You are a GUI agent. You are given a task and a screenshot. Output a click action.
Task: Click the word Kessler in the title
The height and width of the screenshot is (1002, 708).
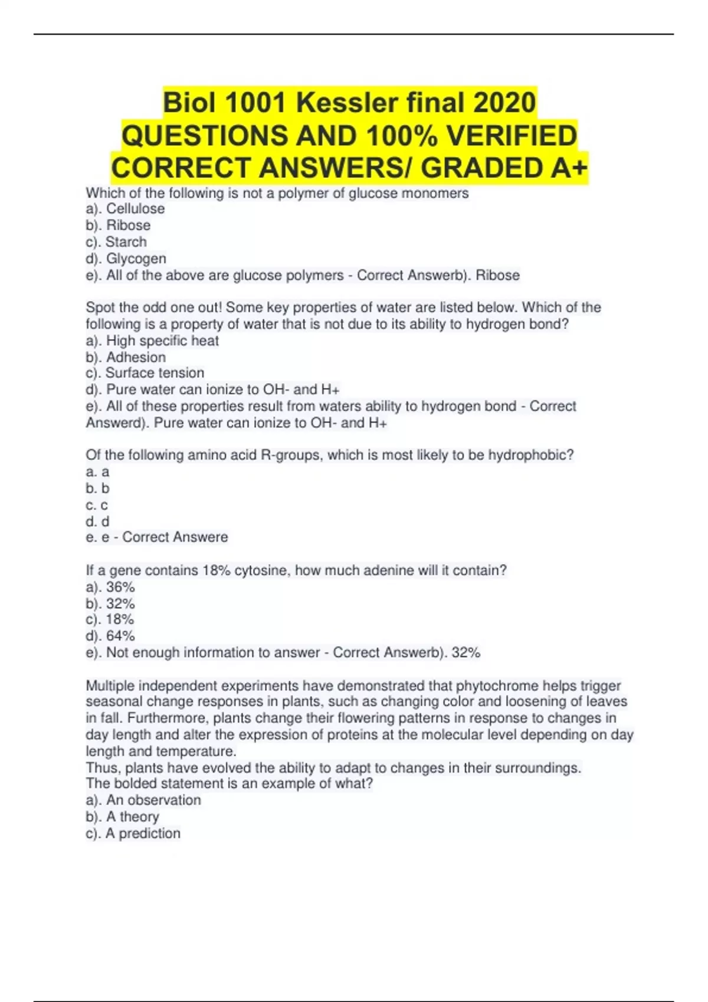pos(347,103)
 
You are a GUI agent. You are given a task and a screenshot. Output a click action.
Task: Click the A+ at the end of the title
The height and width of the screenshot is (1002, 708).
pos(569,168)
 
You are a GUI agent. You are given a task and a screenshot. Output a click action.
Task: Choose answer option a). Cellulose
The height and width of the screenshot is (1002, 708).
pos(125,209)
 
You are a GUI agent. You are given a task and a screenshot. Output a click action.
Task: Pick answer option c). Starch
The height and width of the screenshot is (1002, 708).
pos(116,242)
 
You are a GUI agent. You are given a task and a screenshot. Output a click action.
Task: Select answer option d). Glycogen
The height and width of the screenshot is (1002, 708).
pos(126,259)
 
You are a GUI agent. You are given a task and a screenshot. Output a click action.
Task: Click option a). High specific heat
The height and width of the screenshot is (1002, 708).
pos(152,341)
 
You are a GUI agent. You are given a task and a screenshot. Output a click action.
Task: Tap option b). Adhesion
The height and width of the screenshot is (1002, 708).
pos(126,357)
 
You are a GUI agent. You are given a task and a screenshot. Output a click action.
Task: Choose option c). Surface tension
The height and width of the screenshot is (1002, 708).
pos(145,373)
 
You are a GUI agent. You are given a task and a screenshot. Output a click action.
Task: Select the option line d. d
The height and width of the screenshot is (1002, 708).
pos(97,522)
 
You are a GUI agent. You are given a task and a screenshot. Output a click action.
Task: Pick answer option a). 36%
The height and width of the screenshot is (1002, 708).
pos(110,587)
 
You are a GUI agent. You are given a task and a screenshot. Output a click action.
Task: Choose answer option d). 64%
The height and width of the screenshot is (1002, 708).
pos(110,636)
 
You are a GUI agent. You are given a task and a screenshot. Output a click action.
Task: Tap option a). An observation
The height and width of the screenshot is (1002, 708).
pos(143,800)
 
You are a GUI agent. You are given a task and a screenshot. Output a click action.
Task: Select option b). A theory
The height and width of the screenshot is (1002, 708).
pos(122,817)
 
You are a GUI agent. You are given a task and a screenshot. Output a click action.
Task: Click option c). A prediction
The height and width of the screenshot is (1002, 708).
pos(133,833)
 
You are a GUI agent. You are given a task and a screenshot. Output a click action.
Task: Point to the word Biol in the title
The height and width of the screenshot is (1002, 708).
pos(189,103)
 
